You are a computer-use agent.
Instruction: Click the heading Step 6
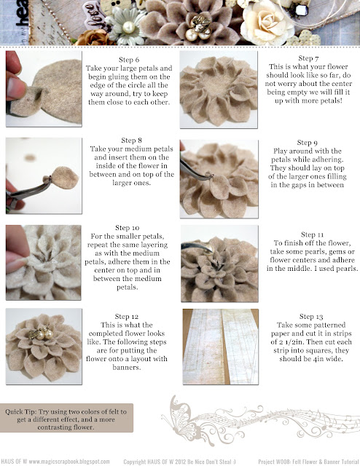coord(129,60)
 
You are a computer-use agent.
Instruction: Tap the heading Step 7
coord(308,58)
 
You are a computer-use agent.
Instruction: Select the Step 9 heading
coord(307,143)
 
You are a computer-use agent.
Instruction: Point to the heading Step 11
coord(312,234)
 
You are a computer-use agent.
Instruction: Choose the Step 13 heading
coord(311,317)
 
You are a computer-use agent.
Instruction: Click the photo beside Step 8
coord(44,175)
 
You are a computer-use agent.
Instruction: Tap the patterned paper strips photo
coord(221,347)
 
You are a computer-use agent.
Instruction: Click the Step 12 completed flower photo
coord(44,347)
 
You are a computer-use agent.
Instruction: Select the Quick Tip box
coord(66,419)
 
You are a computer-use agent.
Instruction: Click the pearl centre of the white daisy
coord(128,28)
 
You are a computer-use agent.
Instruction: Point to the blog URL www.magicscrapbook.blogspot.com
coord(69,462)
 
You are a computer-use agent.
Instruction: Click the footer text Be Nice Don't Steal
coord(208,462)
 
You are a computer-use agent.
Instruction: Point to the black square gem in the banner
coord(302,10)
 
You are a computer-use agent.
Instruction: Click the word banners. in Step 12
coord(127,368)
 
